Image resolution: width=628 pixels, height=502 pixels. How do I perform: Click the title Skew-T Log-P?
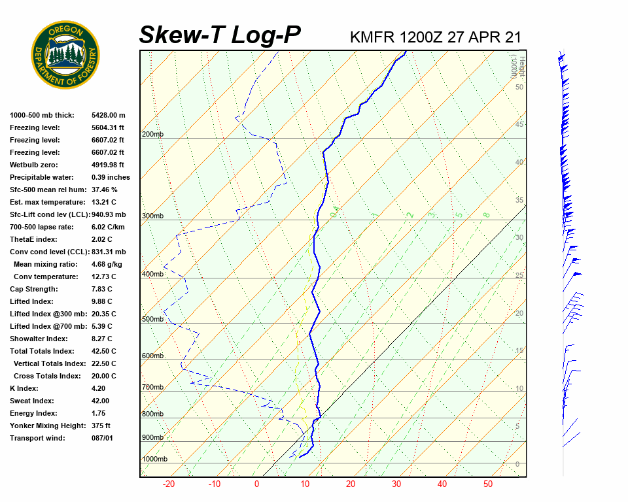coord(220,35)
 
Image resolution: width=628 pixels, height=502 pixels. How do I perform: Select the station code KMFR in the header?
coord(372,37)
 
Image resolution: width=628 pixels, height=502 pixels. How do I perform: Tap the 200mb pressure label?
coord(152,135)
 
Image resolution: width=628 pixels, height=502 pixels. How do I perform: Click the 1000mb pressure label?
coord(154,460)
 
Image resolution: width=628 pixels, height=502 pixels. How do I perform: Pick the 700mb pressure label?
coord(152,388)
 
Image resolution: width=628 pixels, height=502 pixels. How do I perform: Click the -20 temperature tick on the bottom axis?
coord(169,484)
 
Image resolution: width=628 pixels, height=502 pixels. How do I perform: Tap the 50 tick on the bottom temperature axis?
coord(488,484)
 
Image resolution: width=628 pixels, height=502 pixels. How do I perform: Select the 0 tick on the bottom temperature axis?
coord(256,484)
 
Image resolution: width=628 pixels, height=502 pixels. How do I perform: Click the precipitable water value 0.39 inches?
coord(111,177)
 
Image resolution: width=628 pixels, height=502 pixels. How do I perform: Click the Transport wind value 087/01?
coord(102,438)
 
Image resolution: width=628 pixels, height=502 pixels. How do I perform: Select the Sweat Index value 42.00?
coord(101,401)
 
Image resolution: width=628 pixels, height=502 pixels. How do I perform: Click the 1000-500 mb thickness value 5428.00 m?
coord(109,115)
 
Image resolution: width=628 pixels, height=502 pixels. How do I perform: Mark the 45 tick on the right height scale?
coord(519,124)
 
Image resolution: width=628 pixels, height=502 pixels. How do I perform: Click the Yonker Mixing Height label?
coord(47,426)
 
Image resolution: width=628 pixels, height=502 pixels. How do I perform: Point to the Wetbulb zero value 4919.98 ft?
coord(107,165)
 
